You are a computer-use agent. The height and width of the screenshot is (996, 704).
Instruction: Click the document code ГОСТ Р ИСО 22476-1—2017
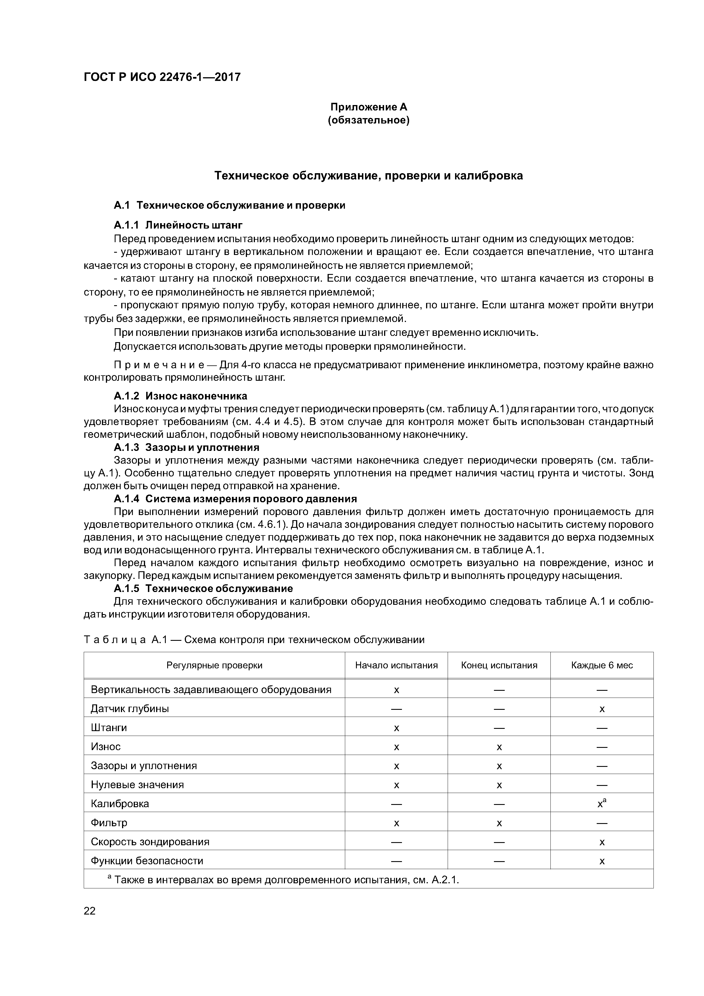pyautogui.click(x=162, y=77)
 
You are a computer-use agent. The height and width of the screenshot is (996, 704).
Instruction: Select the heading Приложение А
pyautogui.click(x=369, y=107)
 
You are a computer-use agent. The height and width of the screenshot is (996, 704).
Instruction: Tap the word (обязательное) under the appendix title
pyautogui.click(x=369, y=120)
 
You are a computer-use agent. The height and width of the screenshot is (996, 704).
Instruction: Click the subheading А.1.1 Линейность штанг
pyautogui.click(x=178, y=225)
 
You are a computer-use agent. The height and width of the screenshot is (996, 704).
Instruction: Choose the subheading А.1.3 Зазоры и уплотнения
pyautogui.click(x=187, y=447)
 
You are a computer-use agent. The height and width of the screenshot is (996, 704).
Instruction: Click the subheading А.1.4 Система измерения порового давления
pyautogui.click(x=235, y=499)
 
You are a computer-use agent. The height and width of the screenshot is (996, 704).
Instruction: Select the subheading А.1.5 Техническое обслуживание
pyautogui.click(x=203, y=588)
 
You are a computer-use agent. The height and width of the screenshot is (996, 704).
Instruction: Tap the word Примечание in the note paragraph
pyautogui.click(x=165, y=365)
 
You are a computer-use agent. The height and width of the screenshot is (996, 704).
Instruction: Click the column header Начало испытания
pyautogui.click(x=396, y=665)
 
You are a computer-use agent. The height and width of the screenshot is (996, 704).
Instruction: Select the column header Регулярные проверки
pyautogui.click(x=214, y=665)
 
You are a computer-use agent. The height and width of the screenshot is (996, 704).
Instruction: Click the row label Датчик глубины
pyautogui.click(x=130, y=708)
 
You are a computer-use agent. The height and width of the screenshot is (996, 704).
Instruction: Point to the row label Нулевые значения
pyautogui.click(x=137, y=784)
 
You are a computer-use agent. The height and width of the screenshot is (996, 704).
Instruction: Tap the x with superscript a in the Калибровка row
pyautogui.click(x=602, y=804)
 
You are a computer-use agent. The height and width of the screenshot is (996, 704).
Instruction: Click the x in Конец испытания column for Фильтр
pyautogui.click(x=499, y=823)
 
